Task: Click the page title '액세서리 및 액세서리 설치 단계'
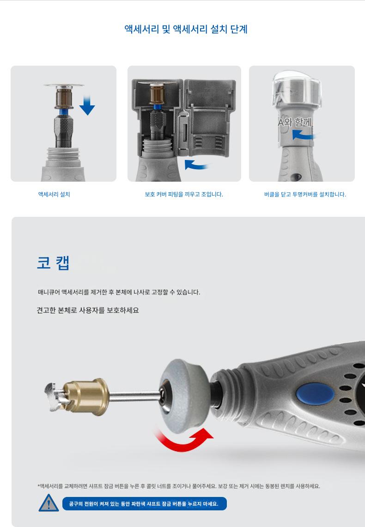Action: (x=186, y=29)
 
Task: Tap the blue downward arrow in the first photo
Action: (x=87, y=105)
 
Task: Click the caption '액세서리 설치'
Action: (x=54, y=194)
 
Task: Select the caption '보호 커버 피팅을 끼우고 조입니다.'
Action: (x=184, y=194)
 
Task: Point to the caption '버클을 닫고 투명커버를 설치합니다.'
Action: (x=305, y=194)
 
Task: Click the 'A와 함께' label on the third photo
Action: (x=295, y=122)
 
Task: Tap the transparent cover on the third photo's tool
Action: (x=297, y=88)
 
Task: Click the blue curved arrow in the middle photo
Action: (x=196, y=165)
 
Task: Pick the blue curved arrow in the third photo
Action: (x=304, y=135)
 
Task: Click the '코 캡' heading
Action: (x=53, y=263)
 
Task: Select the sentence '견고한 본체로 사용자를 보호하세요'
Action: (x=88, y=310)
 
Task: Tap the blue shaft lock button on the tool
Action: (x=315, y=393)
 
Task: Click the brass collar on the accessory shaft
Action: (x=87, y=397)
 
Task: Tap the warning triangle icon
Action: (x=49, y=503)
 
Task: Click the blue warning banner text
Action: (x=144, y=504)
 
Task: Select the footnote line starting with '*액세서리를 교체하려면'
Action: (x=179, y=486)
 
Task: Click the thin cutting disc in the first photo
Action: (x=63, y=85)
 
